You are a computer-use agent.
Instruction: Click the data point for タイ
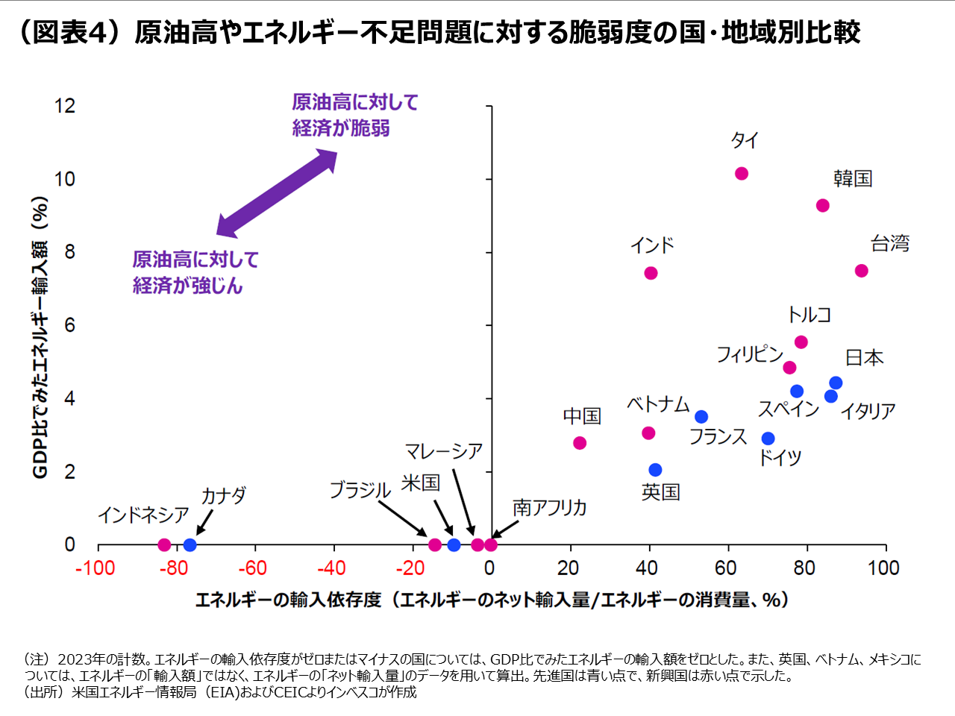741,174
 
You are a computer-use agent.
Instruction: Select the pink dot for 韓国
822,205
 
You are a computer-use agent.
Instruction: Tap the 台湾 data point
861,271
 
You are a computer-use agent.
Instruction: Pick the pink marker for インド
651,273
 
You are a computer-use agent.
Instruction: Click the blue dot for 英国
655,470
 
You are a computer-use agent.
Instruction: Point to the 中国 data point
580,443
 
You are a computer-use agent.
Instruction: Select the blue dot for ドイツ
768,439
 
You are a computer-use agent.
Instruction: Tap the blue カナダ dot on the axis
190,545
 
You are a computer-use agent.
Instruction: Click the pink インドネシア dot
164,545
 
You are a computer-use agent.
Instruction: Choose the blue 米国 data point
454,545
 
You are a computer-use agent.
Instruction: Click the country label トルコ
809,315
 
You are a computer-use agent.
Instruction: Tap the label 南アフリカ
549,508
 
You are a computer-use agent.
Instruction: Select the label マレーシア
443,451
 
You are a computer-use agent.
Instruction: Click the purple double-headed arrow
277,193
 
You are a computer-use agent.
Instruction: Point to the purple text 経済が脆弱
341,128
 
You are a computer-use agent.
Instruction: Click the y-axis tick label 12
65,106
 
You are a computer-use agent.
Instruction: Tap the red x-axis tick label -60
252,568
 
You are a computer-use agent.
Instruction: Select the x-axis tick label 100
883,568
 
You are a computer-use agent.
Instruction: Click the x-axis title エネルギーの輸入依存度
288,600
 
